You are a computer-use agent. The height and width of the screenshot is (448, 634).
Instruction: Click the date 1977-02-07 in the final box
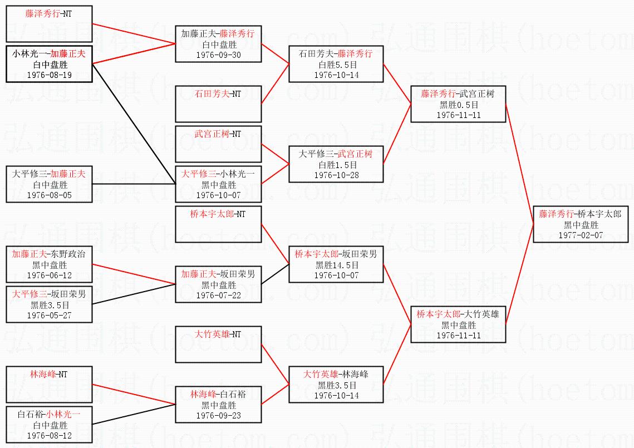(581, 235)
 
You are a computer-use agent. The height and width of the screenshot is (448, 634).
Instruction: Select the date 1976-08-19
(50, 75)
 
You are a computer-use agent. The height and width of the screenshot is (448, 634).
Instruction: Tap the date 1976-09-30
(218, 55)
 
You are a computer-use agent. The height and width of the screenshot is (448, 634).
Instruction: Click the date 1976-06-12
(50, 275)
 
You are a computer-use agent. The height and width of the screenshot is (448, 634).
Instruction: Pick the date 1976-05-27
(50, 315)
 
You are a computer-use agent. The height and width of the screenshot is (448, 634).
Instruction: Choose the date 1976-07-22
(218, 295)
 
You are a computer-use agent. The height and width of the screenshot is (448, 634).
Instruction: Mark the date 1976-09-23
(218, 415)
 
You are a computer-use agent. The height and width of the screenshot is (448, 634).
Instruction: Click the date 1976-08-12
(50, 435)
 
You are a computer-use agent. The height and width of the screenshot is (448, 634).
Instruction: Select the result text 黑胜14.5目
(336, 265)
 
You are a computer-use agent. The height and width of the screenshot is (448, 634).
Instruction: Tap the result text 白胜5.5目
(336, 65)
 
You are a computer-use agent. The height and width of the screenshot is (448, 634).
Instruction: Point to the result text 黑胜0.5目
(458, 105)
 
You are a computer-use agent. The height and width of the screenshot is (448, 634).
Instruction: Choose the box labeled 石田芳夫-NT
(218, 104)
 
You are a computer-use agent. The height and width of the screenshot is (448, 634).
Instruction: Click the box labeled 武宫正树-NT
(218, 144)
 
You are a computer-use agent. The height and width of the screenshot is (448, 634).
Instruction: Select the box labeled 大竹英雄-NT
(218, 344)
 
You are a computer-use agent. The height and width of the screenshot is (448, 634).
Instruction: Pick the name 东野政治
(70, 254)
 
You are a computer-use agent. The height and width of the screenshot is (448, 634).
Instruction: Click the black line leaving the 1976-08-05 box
(134, 184)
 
